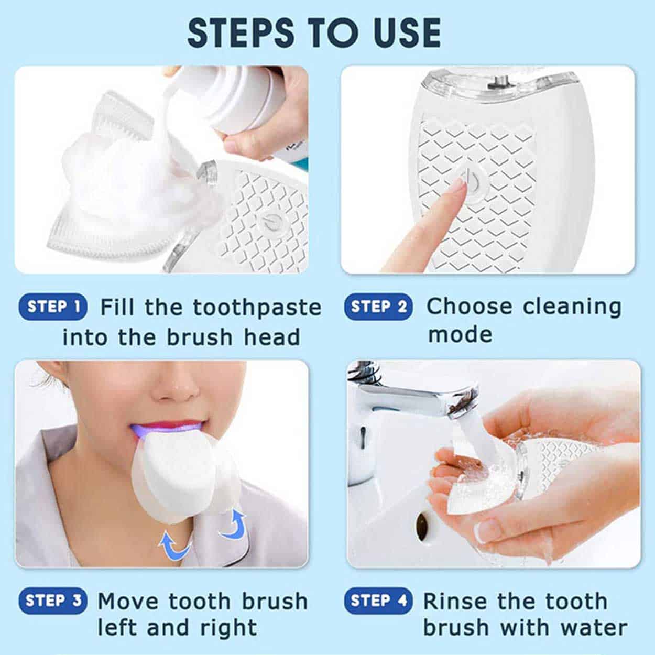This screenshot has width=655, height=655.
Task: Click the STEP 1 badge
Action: click(x=53, y=307)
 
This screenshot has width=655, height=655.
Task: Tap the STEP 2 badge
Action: click(x=378, y=307)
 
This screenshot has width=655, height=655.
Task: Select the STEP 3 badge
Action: click(x=53, y=601)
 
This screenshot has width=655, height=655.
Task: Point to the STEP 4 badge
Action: click(x=378, y=601)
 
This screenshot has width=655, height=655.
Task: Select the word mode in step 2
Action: click(x=460, y=334)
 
